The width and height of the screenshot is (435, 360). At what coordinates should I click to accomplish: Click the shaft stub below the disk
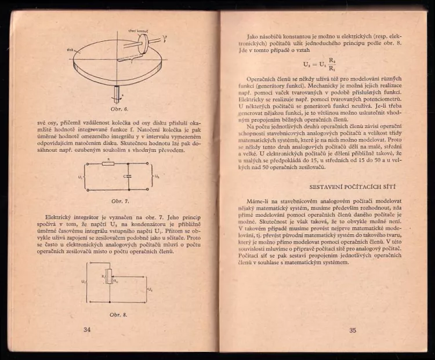pos(118,93)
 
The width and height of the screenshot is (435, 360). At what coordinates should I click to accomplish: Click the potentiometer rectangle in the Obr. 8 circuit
pos(108,277)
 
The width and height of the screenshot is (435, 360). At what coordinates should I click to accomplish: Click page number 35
pos(353,330)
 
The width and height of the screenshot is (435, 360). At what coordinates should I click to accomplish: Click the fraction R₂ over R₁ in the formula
pos(331,63)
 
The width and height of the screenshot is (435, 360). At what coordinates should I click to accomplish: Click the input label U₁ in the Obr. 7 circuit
pos(79,176)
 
